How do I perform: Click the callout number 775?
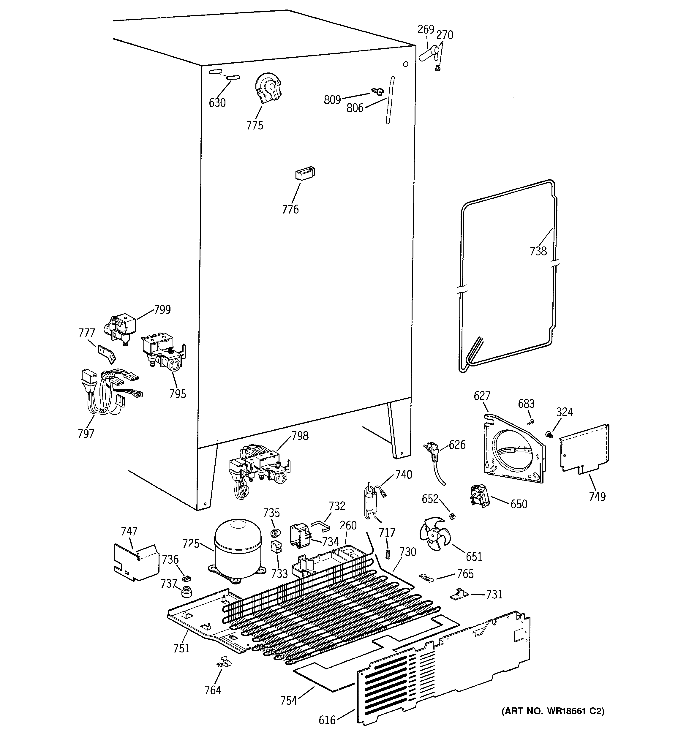(255, 125)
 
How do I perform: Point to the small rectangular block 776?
(305, 173)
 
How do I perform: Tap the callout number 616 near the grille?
(327, 720)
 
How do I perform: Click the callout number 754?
(288, 700)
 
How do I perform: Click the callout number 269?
(425, 29)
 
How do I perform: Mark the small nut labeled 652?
(452, 516)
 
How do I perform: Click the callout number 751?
(181, 648)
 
